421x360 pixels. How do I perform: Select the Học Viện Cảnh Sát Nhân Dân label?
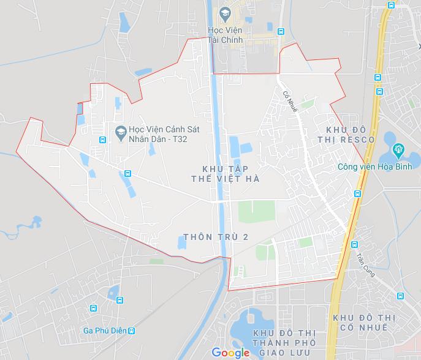(160, 130)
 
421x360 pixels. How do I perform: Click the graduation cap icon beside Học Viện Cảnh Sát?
(120, 130)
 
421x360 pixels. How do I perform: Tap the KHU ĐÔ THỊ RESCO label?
(350, 135)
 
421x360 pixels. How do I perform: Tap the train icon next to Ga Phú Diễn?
(131, 331)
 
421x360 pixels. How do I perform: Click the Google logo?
(231, 351)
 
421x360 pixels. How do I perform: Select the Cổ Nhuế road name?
(290, 101)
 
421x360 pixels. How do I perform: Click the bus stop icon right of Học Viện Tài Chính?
(281, 32)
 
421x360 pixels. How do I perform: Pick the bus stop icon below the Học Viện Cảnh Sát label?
(127, 173)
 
